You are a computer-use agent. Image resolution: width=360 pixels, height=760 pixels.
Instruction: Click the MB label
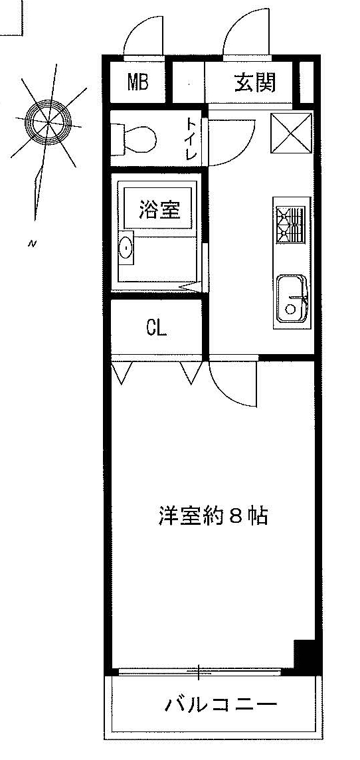coord(138,82)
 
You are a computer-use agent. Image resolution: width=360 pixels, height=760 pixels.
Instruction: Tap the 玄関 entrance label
coord(255,82)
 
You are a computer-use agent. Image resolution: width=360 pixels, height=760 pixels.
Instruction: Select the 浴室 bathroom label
coord(159,209)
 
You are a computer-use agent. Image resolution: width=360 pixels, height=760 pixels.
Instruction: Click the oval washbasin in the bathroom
coord(126,248)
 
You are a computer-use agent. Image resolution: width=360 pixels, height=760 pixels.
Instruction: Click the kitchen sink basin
coord(292,298)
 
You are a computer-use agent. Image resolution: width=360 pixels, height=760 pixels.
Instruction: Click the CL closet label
coord(157,329)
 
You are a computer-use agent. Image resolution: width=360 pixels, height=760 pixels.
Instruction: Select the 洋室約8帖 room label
coord(213,516)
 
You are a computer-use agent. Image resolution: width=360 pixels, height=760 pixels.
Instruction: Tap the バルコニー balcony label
coord(221,704)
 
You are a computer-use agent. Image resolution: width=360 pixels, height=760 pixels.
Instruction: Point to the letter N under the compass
coord(33,244)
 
